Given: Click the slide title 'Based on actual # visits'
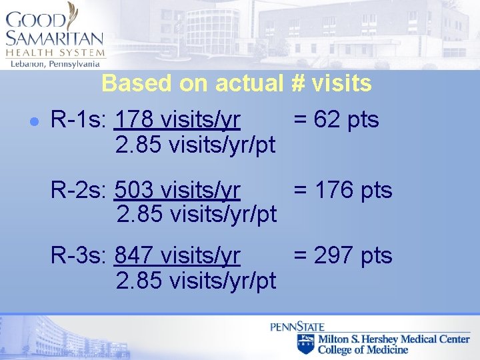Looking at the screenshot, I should pos(237,83).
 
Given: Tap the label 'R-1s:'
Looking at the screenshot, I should pos(79,121).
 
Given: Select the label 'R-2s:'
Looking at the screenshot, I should pos(79,191).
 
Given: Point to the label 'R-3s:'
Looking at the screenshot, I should pos(79,255).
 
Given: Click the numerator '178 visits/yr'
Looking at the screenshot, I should pos(178,121).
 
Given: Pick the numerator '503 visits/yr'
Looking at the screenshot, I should pos(177,191).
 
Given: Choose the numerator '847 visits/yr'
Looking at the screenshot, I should pos(178,255).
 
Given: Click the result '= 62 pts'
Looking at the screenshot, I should pos(336,121).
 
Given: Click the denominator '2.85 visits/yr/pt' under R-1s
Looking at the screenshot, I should pos(195,145).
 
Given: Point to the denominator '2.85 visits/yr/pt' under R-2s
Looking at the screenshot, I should pos(196,215).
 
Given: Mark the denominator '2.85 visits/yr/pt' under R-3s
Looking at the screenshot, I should pos(196,280).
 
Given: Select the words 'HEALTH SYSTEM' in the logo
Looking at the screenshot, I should pos(55,53).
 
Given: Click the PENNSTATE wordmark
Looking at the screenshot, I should pos(297,327).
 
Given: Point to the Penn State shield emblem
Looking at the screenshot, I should pos(306,343).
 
